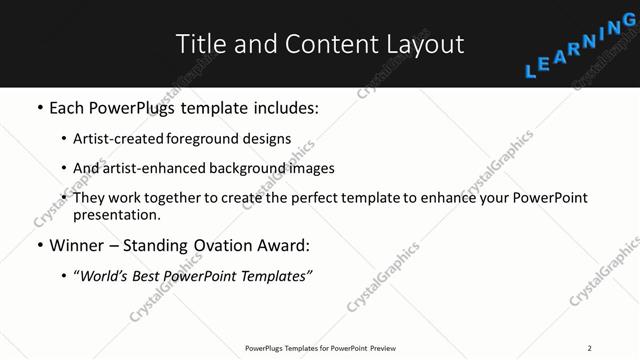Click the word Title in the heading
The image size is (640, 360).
pyautogui.click(x=200, y=44)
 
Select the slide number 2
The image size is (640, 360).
pyautogui.click(x=589, y=347)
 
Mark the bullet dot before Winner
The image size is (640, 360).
pyautogui.click(x=39, y=245)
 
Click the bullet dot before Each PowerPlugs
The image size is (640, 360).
pyautogui.click(x=39, y=107)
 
